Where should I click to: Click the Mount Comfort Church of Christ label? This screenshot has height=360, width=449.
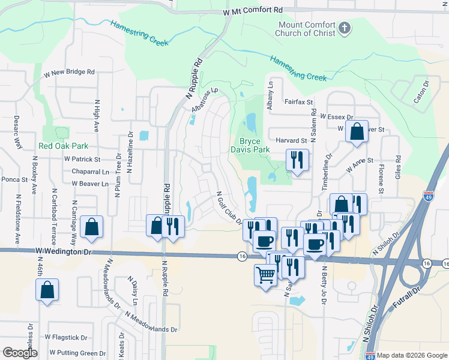click(306, 29)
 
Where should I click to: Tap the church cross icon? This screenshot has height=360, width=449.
click(344, 28)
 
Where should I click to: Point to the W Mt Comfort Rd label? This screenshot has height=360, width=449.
click(252, 11)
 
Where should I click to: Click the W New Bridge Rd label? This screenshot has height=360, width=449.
click(70, 72)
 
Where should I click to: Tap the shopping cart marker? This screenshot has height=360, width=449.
click(265, 275)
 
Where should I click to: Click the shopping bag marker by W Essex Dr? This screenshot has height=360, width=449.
click(357, 131)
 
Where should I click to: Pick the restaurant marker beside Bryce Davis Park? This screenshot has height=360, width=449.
click(297, 159)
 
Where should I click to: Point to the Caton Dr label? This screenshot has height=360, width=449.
click(423, 91)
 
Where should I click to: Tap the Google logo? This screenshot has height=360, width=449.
click(20, 353)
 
